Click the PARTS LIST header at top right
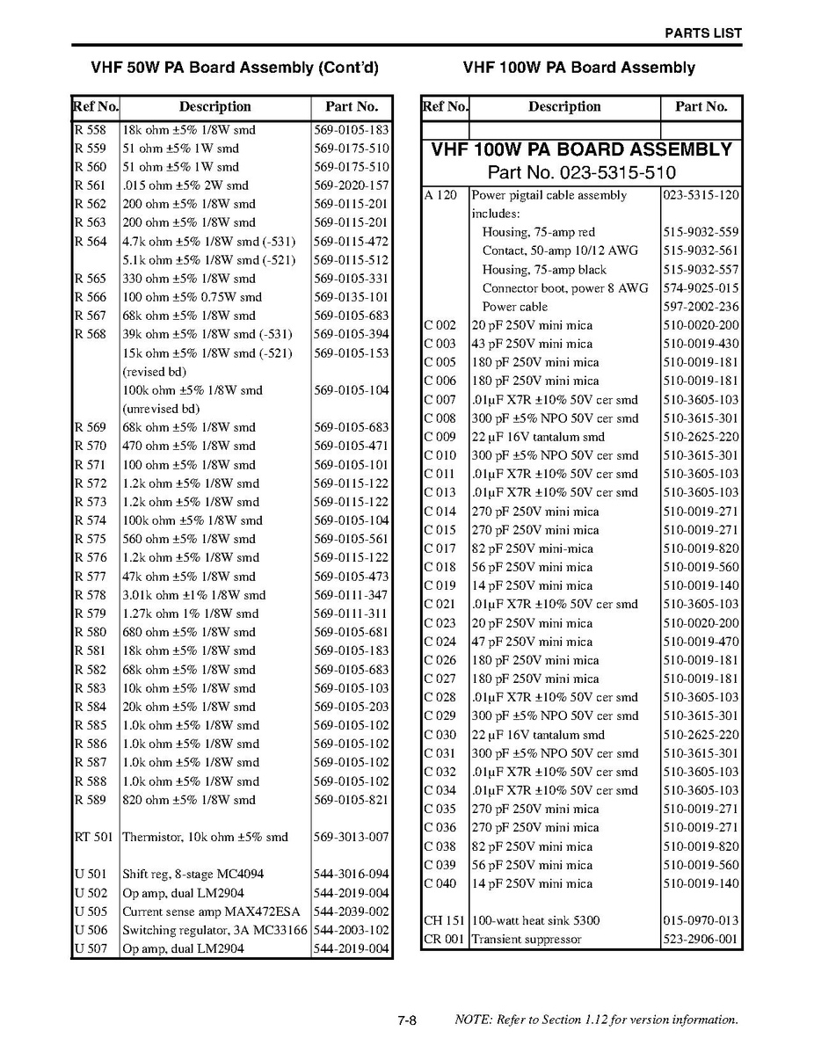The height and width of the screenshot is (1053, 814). click(x=702, y=33)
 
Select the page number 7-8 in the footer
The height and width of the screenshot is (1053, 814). click(x=406, y=1020)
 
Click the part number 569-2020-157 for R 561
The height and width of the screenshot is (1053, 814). click(x=351, y=185)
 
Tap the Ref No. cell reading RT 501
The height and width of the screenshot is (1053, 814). click(x=93, y=837)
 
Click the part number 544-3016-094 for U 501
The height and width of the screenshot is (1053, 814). click(x=351, y=874)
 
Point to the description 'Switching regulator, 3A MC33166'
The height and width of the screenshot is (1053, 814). click(x=214, y=930)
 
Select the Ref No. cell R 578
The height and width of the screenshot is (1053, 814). click(x=90, y=595)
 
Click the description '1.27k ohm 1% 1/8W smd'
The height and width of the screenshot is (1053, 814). click(x=190, y=614)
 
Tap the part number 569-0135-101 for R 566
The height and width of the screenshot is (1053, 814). click(x=351, y=297)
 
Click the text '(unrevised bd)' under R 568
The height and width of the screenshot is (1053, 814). click(x=161, y=409)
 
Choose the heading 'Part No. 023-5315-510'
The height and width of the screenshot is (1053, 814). click(x=581, y=172)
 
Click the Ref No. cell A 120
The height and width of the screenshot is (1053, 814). click(x=440, y=195)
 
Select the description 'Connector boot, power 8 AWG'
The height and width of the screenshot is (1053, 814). click(x=565, y=288)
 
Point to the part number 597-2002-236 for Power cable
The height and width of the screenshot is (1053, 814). click(x=701, y=307)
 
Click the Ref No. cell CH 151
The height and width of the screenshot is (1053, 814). click(x=444, y=920)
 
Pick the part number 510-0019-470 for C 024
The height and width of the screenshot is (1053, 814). click(x=701, y=642)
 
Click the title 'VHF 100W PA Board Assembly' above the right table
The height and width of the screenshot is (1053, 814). click(x=578, y=68)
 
